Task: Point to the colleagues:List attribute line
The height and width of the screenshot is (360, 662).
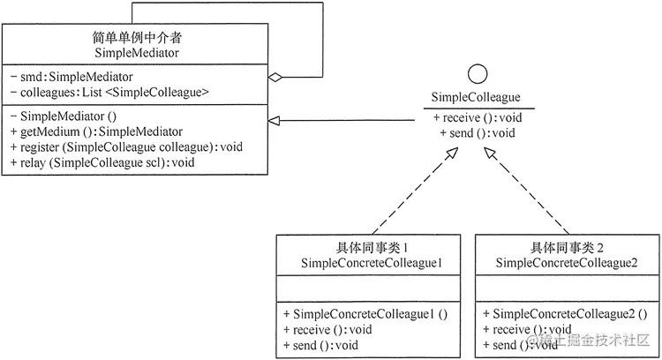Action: coord(109,92)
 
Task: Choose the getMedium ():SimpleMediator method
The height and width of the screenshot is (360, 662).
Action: coord(102,131)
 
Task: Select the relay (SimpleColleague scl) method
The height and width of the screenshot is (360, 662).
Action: coord(102,162)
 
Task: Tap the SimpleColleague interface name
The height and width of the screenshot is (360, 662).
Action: coord(475,97)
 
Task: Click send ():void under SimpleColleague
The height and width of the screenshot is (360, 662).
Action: coord(477,133)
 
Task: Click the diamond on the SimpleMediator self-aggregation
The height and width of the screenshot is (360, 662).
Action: coord(275,78)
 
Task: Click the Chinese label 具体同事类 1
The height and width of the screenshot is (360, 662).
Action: coord(371,247)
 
